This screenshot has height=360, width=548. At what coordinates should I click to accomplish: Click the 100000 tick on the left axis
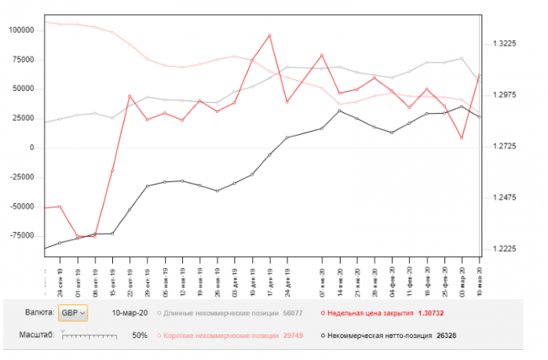point(19,30)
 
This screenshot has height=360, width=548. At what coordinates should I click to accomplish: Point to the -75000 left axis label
point(19,236)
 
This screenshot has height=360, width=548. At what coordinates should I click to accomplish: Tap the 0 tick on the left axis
point(30,148)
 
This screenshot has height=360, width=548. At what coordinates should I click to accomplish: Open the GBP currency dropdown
point(73,313)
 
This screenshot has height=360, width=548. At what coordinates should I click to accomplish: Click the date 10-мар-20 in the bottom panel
point(131,313)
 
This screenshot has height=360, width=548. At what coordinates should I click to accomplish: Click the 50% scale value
point(141,336)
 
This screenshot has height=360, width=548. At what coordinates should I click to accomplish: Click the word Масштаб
point(37,336)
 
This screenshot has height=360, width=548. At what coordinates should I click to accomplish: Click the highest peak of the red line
point(269,35)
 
